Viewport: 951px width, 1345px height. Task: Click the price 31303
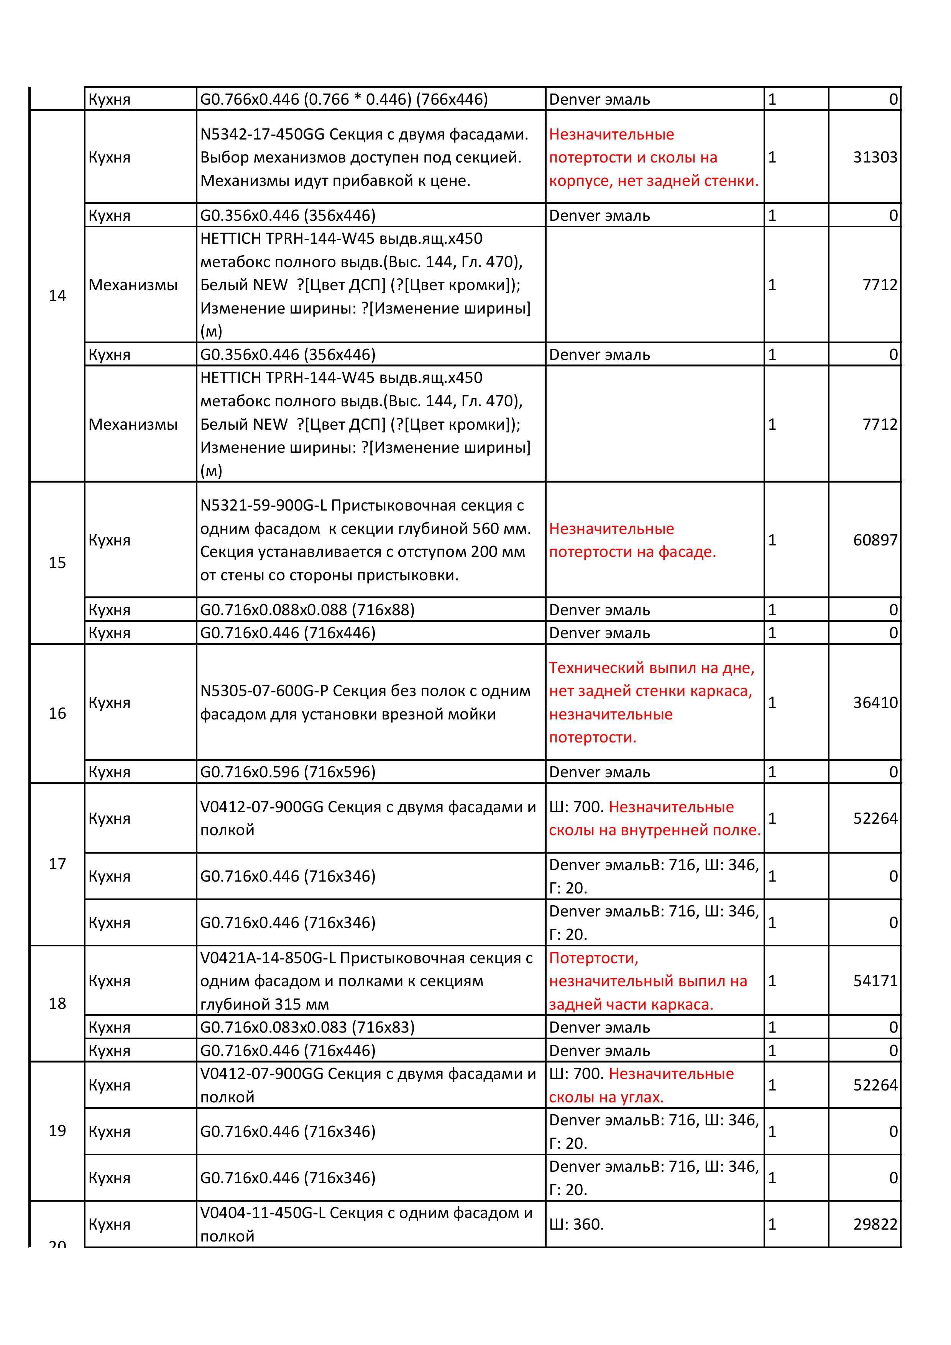(x=875, y=157)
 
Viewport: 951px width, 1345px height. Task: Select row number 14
(x=57, y=296)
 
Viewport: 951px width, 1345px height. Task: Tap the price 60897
(x=875, y=540)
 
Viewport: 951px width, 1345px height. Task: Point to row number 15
(x=57, y=563)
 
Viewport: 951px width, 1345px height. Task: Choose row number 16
(x=57, y=713)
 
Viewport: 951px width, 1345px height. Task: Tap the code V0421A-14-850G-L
(x=268, y=958)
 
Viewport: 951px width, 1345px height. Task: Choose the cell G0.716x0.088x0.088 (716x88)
(x=307, y=610)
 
